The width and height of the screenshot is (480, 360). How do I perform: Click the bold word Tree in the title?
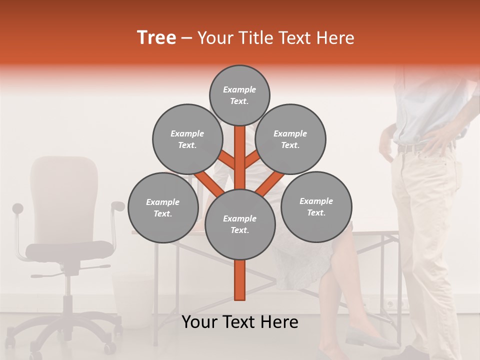click(x=156, y=38)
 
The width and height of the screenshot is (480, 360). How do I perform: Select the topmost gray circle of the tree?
click(x=239, y=95)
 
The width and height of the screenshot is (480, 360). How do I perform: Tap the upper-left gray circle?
click(x=187, y=139)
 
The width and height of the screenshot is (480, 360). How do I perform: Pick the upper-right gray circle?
click(x=290, y=139)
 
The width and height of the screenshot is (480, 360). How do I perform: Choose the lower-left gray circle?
click(x=162, y=207)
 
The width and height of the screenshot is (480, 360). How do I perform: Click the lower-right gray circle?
click(x=316, y=206)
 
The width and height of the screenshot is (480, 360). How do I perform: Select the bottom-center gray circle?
click(x=239, y=224)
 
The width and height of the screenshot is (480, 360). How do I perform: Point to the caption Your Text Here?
click(x=239, y=322)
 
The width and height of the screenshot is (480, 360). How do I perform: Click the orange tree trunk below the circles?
click(x=239, y=280)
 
